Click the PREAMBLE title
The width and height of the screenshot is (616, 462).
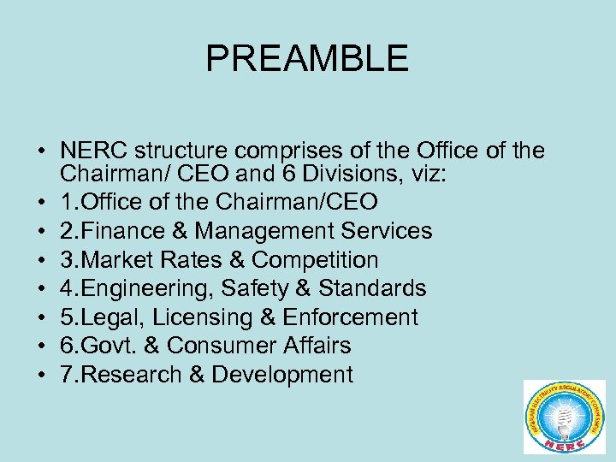tap(307, 59)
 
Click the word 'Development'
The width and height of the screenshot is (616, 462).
tap(282, 375)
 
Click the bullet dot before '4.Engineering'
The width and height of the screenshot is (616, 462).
tap(41, 289)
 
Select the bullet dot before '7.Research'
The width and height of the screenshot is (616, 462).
tap(41, 376)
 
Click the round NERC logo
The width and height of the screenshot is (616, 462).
tap(564, 416)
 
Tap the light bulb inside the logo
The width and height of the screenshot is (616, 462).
tap(564, 411)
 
